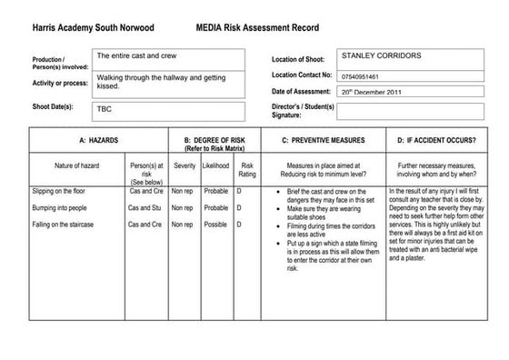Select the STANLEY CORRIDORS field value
(x=381, y=55)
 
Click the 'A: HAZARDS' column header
(x=99, y=141)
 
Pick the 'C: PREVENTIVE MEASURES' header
(x=324, y=141)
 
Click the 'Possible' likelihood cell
(x=215, y=224)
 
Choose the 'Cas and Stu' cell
(x=145, y=208)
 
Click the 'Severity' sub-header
(x=185, y=166)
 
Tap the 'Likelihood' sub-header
(x=215, y=166)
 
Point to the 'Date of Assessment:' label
(x=303, y=91)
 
